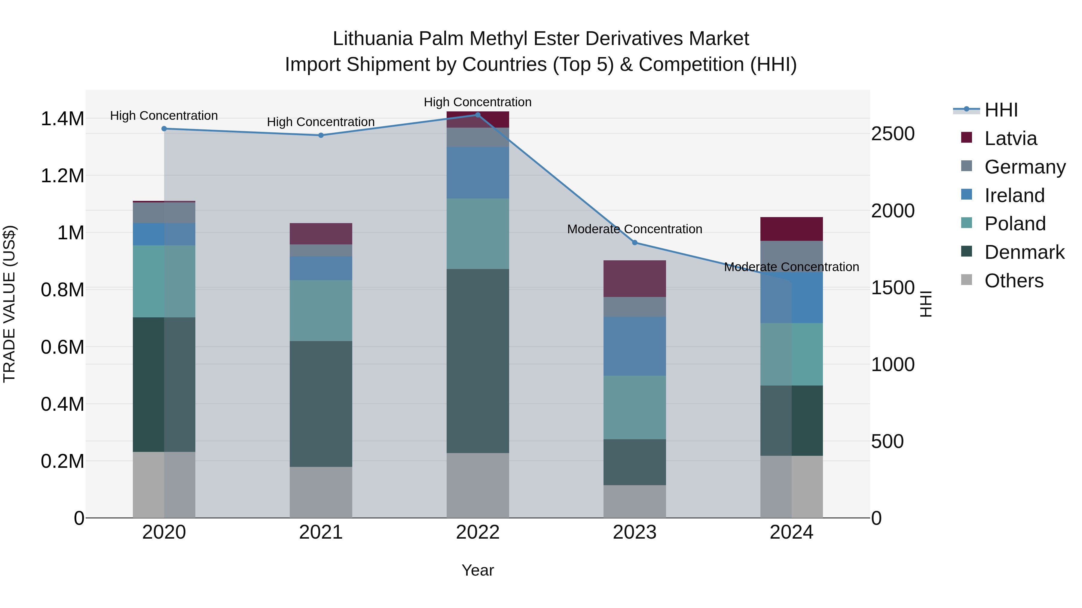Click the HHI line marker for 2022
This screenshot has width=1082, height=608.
coord(478,115)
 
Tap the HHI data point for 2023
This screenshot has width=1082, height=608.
coord(635,243)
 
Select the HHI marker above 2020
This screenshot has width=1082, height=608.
coord(164,129)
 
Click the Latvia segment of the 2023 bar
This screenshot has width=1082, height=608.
coord(635,279)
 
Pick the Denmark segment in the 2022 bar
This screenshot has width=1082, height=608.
coord(478,361)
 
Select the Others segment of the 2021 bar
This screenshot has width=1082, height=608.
coord(321,492)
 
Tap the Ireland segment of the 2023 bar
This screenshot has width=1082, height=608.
coord(635,346)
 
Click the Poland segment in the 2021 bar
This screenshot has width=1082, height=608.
coord(321,310)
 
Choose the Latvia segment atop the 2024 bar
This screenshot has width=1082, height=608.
coord(791,229)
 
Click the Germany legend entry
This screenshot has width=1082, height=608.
coord(1025,167)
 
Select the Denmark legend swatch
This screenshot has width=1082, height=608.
coord(967,252)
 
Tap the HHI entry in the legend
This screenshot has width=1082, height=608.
coord(1001,110)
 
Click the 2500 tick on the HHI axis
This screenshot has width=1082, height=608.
coord(893,134)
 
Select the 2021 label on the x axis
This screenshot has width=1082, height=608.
coord(321,532)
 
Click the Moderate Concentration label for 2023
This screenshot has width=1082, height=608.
coord(635,229)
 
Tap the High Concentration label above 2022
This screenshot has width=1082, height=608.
coord(478,102)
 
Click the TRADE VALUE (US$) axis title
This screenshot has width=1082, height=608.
coord(9,304)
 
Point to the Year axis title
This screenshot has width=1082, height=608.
coord(478,570)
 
